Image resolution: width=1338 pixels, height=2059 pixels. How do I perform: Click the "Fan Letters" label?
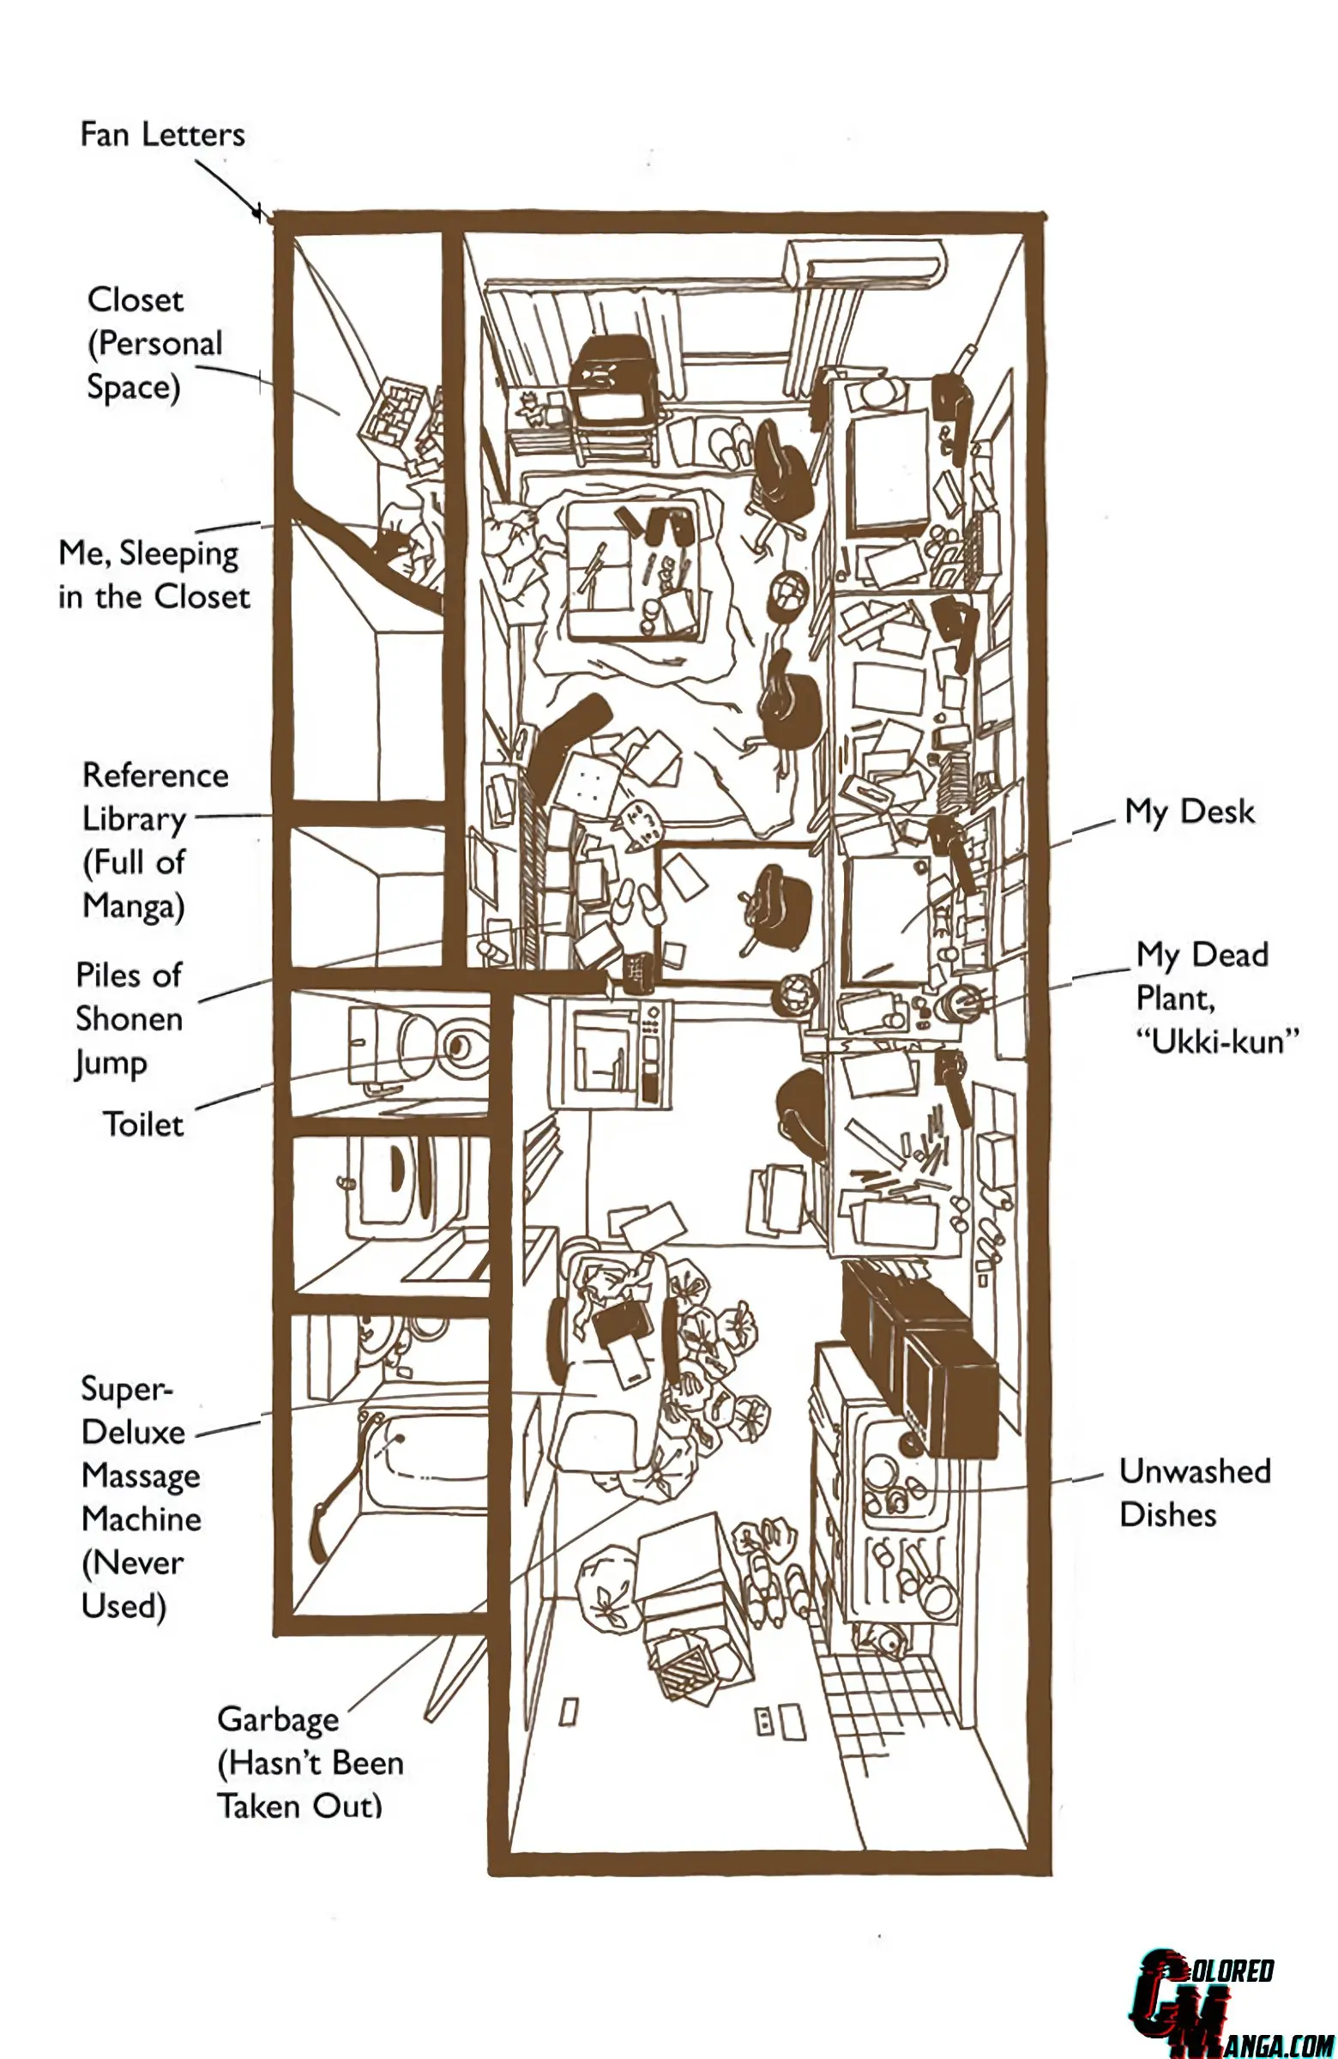[163, 134]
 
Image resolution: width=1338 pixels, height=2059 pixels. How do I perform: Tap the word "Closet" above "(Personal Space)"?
[136, 299]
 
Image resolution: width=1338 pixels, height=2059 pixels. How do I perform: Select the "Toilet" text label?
[143, 1124]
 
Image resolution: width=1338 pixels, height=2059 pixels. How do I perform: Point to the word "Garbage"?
[279, 1720]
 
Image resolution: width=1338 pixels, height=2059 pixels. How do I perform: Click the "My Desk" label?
[1190, 812]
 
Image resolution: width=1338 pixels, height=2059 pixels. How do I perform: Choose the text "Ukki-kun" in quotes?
[1218, 1041]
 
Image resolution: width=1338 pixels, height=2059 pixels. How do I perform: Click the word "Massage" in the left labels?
[141, 1476]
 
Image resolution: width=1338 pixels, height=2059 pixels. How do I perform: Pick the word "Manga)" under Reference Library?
[134, 907]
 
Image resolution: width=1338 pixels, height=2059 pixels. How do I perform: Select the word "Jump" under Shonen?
[111, 1063]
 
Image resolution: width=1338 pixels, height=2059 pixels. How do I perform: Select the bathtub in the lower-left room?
[424, 1462]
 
